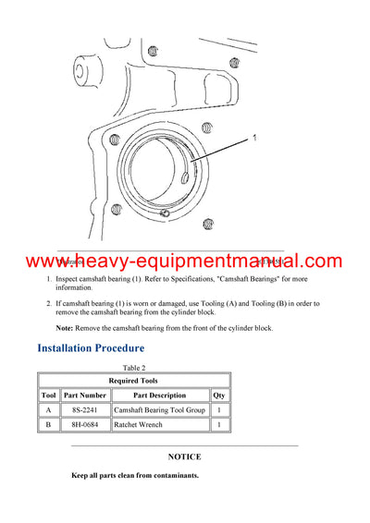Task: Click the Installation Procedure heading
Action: tap(91, 348)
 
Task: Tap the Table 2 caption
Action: tap(134, 367)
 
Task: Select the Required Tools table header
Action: tap(134, 380)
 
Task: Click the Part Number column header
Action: tap(85, 395)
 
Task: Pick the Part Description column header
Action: tap(160, 395)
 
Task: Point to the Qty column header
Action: tap(219, 395)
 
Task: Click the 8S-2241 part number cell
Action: tap(85, 409)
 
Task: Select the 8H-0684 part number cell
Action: tap(85, 425)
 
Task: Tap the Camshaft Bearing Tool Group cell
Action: tap(160, 409)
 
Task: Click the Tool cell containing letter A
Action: tap(48, 409)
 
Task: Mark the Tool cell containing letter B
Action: tap(48, 425)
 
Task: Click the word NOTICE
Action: tap(184, 456)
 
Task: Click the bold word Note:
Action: tap(65, 328)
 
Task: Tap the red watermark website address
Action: tap(184, 261)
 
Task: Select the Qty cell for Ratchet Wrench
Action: tap(219, 425)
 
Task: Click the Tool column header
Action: tap(48, 395)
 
